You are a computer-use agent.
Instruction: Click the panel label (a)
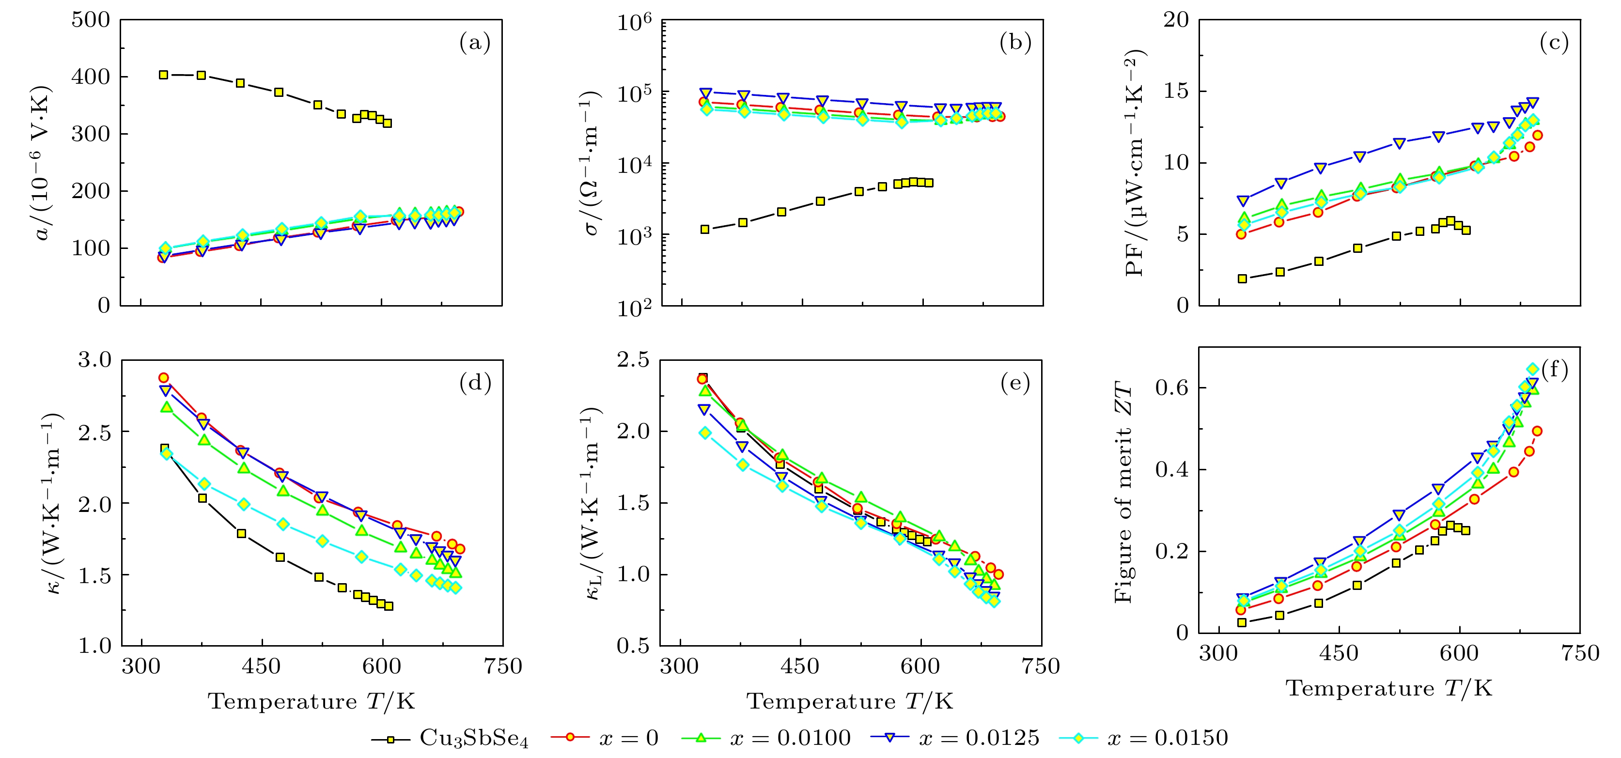click(474, 43)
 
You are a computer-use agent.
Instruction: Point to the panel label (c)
click(1554, 43)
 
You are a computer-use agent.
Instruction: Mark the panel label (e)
click(1015, 383)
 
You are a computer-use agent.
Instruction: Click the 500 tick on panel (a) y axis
click(91, 20)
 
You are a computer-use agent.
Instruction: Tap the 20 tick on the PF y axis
click(1175, 20)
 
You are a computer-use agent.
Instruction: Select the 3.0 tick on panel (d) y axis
click(94, 360)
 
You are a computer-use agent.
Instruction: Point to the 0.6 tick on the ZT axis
click(1172, 387)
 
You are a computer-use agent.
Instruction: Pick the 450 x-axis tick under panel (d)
click(261, 666)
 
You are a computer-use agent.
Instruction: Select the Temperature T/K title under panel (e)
click(850, 701)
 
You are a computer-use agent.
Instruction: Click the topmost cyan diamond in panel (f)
click(1533, 369)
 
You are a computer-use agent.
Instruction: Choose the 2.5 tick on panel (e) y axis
click(633, 360)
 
